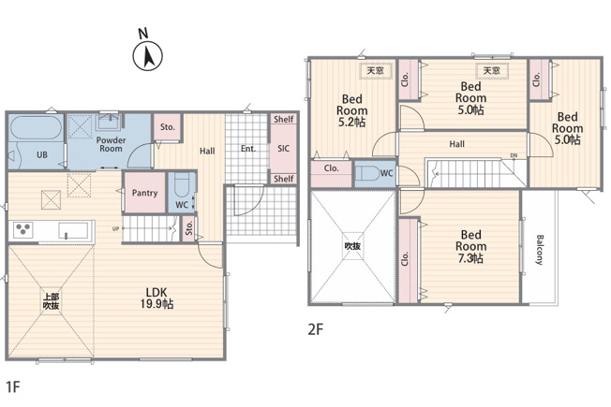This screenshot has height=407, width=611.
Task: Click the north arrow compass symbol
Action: pyautogui.click(x=148, y=56)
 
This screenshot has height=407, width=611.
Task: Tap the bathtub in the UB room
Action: pyautogui.click(x=36, y=127)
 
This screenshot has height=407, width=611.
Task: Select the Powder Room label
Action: pyautogui.click(x=112, y=144)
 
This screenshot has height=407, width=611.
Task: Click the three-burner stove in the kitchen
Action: pyautogui.click(x=23, y=229)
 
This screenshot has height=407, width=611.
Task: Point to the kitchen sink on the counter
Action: pyautogui.click(x=73, y=230)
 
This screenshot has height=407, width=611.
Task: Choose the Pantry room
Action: pyautogui.click(x=144, y=193)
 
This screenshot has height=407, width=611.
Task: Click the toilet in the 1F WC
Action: pyautogui.click(x=181, y=185)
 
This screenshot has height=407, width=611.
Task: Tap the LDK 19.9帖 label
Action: pyautogui.click(x=156, y=298)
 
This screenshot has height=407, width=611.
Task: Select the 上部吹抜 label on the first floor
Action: pyautogui.click(x=51, y=301)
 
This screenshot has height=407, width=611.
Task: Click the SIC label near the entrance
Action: pyautogui.click(x=284, y=148)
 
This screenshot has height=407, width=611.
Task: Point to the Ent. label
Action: pyautogui.click(x=248, y=149)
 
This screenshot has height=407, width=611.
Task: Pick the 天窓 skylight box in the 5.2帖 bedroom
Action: pyautogui.click(x=376, y=71)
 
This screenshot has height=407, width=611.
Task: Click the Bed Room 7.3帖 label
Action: pyautogui.click(x=470, y=246)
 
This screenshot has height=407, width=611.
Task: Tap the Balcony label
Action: pyautogui.click(x=540, y=250)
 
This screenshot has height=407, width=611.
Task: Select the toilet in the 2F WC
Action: pyautogui.click(x=366, y=173)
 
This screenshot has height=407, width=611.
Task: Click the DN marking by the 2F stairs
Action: pyautogui.click(x=514, y=155)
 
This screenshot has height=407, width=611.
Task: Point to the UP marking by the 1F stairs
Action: pyautogui.click(x=115, y=229)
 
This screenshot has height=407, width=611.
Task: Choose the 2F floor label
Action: pyautogui.click(x=316, y=329)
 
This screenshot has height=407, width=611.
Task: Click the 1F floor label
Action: pyautogui.click(x=13, y=386)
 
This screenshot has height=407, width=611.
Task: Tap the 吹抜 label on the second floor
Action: pyautogui.click(x=352, y=246)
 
